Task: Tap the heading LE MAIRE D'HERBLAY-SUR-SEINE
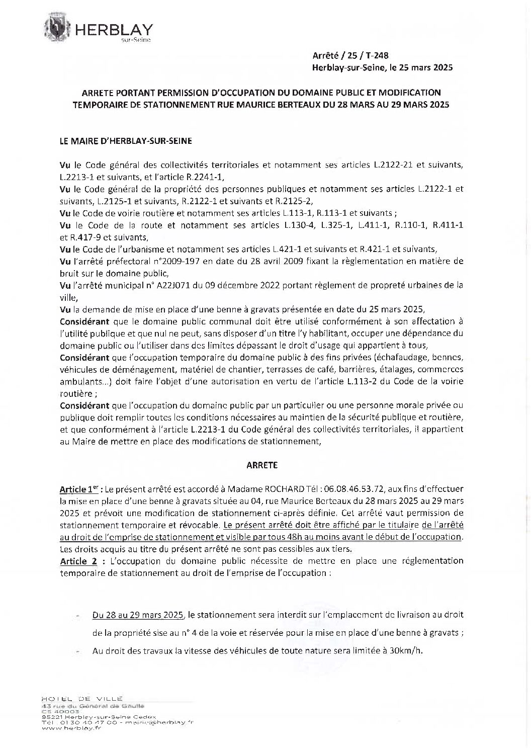pyautogui.click(x=118, y=142)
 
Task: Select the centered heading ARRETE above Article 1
pyautogui.click(x=262, y=465)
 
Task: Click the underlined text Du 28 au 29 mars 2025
pyautogui.click(x=138, y=615)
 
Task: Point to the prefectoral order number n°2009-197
pyautogui.click(x=181, y=262)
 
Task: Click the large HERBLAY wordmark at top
pyautogui.click(x=114, y=29)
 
